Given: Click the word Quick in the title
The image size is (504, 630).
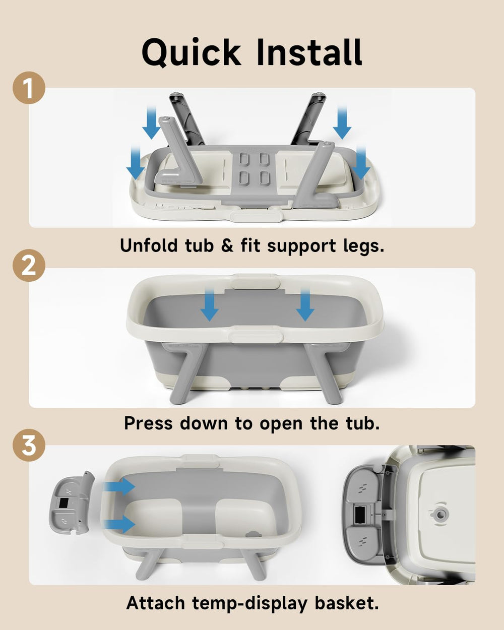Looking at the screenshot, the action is pyautogui.click(x=191, y=53).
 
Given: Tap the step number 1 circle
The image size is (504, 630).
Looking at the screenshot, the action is pyautogui.click(x=29, y=88).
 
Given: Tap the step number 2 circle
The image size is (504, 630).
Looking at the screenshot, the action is pyautogui.click(x=29, y=265).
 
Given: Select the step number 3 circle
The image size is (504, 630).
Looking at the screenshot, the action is pyautogui.click(x=29, y=445).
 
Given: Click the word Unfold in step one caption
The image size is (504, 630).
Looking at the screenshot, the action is pyautogui.click(x=149, y=245).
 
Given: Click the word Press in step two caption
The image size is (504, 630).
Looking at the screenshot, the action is pyautogui.click(x=148, y=423).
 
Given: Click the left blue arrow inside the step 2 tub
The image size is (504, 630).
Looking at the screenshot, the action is pyautogui.click(x=209, y=304).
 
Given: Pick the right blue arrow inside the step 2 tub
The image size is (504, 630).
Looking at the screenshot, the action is pyautogui.click(x=305, y=304).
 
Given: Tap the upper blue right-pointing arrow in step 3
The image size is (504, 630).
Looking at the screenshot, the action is pyautogui.click(x=119, y=486).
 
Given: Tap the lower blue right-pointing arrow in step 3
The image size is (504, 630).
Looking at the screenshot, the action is pyautogui.click(x=119, y=524).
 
